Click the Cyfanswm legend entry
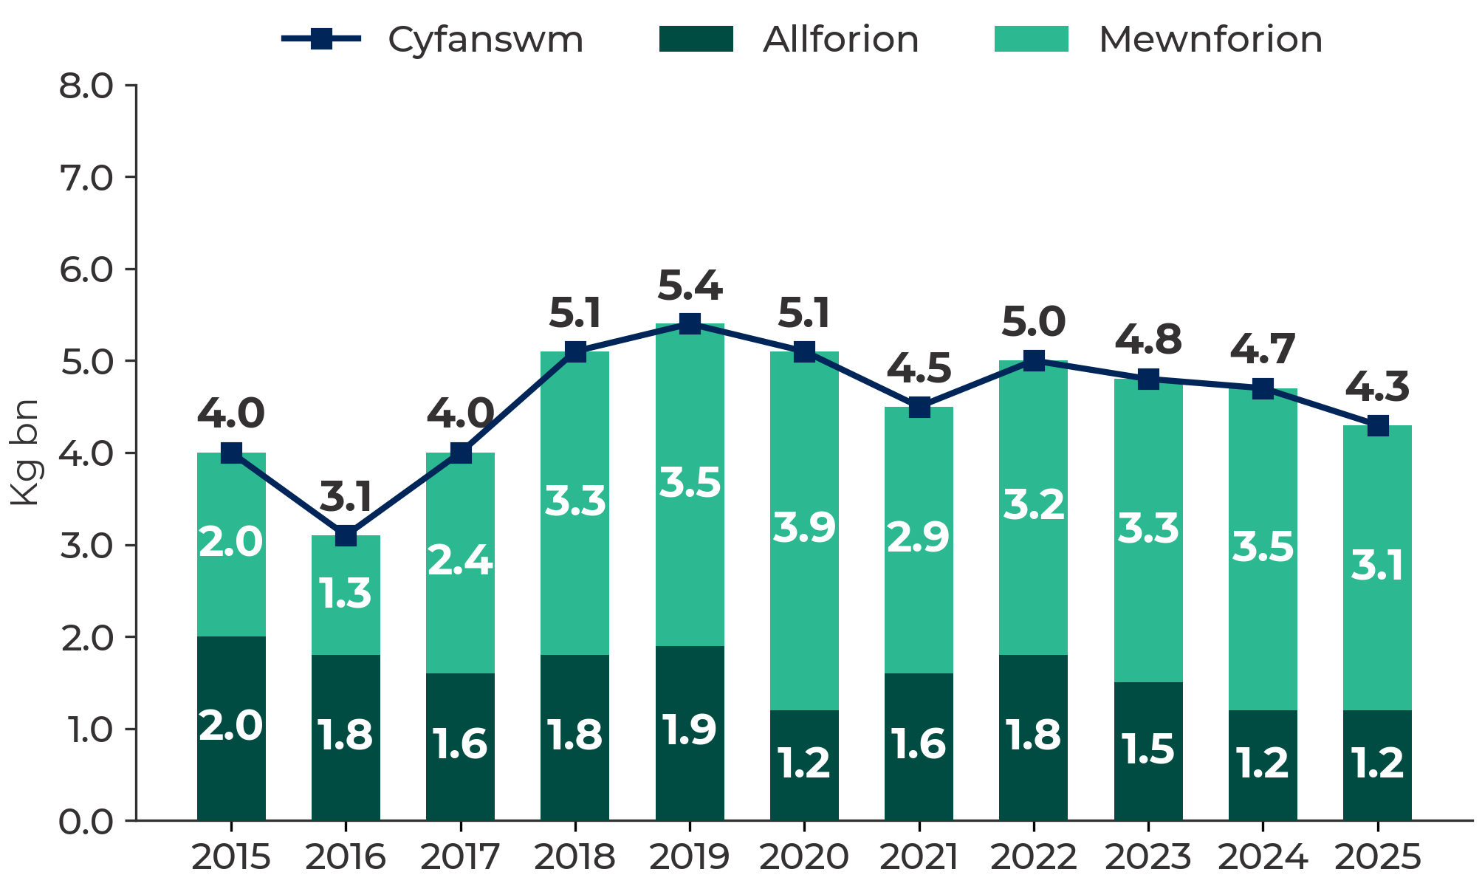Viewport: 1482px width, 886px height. point(433,39)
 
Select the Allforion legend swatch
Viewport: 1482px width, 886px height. point(696,39)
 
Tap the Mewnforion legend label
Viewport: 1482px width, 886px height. point(1210,39)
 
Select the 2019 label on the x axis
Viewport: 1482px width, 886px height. point(690,858)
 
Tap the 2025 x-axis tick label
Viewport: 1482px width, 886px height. point(1377,858)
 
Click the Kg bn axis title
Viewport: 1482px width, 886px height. point(25,453)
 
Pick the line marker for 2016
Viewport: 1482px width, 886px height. point(346,535)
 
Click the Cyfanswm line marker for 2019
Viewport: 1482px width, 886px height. point(690,324)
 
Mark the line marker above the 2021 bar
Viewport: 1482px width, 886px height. point(919,407)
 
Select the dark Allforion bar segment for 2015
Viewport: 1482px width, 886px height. point(231,728)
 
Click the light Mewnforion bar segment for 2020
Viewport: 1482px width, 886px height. point(804,531)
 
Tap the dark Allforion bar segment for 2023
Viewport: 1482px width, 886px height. point(1148,751)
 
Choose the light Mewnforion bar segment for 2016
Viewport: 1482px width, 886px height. point(346,595)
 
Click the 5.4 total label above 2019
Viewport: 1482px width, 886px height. point(690,286)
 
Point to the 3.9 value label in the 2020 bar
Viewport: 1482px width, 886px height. point(804,528)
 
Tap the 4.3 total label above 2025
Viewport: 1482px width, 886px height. point(1377,388)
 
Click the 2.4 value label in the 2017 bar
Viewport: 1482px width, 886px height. point(460,561)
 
